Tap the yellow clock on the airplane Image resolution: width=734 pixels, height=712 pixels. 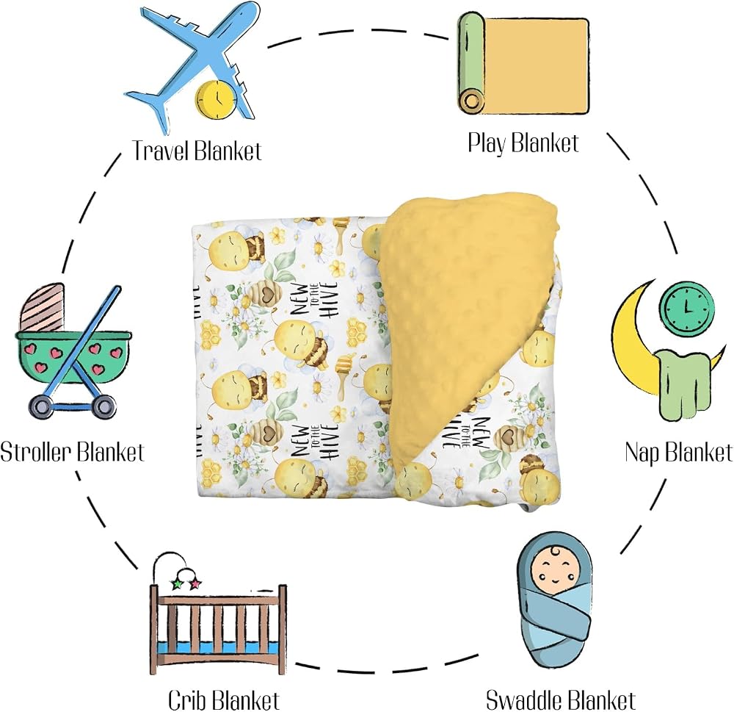(215, 98)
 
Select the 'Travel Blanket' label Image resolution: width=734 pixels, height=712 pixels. (197, 151)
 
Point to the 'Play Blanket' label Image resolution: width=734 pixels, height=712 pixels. (523, 143)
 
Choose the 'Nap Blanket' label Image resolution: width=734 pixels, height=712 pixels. (678, 453)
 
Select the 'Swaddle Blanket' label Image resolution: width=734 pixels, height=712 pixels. (560, 700)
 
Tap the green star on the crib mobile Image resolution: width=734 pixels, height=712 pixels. (178, 584)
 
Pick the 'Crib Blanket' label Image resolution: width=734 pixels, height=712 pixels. (223, 700)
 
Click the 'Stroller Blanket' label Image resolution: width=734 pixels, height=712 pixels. (72, 453)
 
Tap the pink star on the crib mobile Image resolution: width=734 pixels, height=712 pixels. (195, 584)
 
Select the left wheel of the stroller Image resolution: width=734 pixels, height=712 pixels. (42, 406)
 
